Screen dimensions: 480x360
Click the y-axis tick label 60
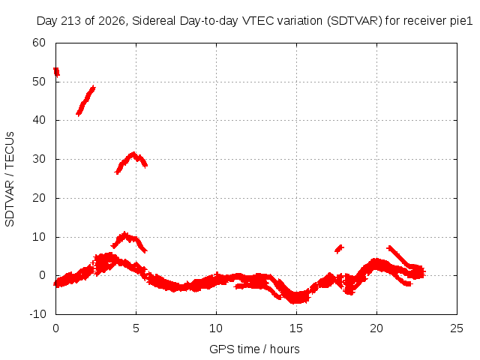(39, 43)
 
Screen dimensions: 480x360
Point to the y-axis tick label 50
(39, 82)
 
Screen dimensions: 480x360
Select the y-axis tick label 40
(39, 120)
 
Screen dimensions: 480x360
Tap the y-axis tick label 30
(39, 159)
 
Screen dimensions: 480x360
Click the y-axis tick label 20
(39, 198)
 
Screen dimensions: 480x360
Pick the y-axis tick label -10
(37, 314)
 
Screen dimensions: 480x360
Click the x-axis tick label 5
(136, 328)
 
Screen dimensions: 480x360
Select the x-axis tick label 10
(216, 328)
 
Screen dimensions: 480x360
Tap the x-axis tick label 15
(296, 328)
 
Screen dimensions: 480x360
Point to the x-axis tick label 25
(457, 328)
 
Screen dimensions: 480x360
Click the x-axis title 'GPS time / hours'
(254, 349)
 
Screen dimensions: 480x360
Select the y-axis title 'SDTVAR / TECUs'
(10, 179)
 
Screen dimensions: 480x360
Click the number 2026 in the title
(112, 21)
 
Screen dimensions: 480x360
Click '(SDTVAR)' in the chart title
(355, 21)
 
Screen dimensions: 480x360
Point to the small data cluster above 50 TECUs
(56, 72)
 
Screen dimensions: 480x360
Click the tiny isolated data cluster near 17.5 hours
(339, 248)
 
